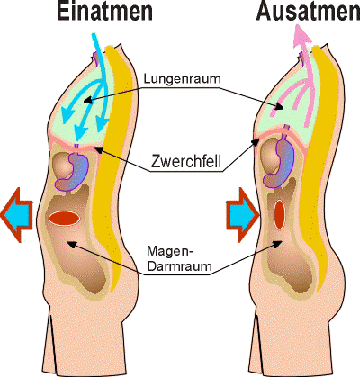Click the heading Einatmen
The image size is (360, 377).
coord(104,12)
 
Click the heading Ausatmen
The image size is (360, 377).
coord(309,12)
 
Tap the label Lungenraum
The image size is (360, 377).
coord(182,79)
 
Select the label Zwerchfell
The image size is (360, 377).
coord(186,161)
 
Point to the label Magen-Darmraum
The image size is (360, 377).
coord(179,258)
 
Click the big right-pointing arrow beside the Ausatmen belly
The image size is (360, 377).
coord(242,215)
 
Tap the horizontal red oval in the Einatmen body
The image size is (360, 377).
coord(64,218)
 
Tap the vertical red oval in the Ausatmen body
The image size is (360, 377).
coord(279,214)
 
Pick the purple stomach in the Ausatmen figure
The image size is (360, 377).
coord(280,162)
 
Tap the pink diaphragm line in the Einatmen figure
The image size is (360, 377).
coord(76,145)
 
